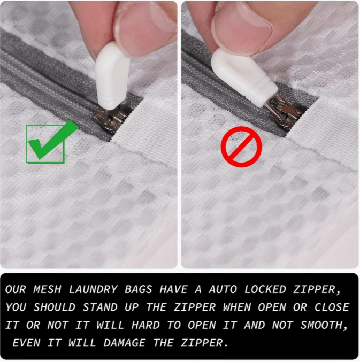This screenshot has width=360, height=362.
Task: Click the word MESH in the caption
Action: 47,289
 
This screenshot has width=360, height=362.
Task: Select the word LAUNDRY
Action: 93,289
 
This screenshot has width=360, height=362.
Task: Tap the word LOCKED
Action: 265,289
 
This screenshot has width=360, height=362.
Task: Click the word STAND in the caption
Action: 99,307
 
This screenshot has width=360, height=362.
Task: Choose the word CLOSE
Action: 332,307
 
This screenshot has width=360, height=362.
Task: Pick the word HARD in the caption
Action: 145,325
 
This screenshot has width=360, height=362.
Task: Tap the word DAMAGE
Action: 125,343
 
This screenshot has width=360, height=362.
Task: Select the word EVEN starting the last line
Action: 26,343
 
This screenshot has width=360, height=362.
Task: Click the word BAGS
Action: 139,289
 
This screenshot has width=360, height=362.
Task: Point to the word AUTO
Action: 223,289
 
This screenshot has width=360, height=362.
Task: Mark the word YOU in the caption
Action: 16,307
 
